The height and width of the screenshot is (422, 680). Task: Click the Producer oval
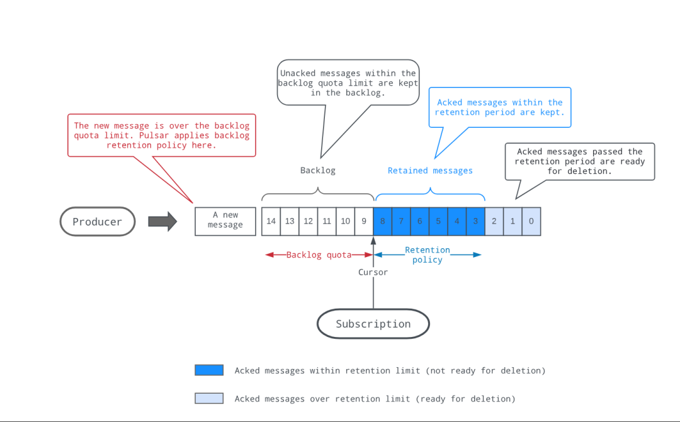[98, 222]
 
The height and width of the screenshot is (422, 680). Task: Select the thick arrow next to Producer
[162, 222]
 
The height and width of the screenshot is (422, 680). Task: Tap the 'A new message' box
[225, 222]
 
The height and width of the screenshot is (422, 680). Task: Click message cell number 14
[271, 222]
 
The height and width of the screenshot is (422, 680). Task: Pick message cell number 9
[364, 222]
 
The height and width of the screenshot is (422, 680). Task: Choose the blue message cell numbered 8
[383, 222]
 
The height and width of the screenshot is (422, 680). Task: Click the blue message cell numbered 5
[438, 222]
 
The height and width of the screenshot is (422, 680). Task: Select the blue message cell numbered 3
[476, 222]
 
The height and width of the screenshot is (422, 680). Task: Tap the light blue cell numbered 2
[494, 222]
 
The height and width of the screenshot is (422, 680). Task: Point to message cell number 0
[531, 222]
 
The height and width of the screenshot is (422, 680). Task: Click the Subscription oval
[373, 324]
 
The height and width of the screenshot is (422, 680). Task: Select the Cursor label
[373, 272]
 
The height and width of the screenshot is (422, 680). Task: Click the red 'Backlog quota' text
[319, 254]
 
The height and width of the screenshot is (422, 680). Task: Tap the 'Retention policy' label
[427, 254]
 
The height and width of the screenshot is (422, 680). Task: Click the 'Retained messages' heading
[430, 171]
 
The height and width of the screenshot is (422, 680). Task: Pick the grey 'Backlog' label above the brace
[318, 171]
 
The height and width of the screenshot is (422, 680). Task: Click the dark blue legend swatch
[209, 370]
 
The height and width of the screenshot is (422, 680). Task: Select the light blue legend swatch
[209, 398]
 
